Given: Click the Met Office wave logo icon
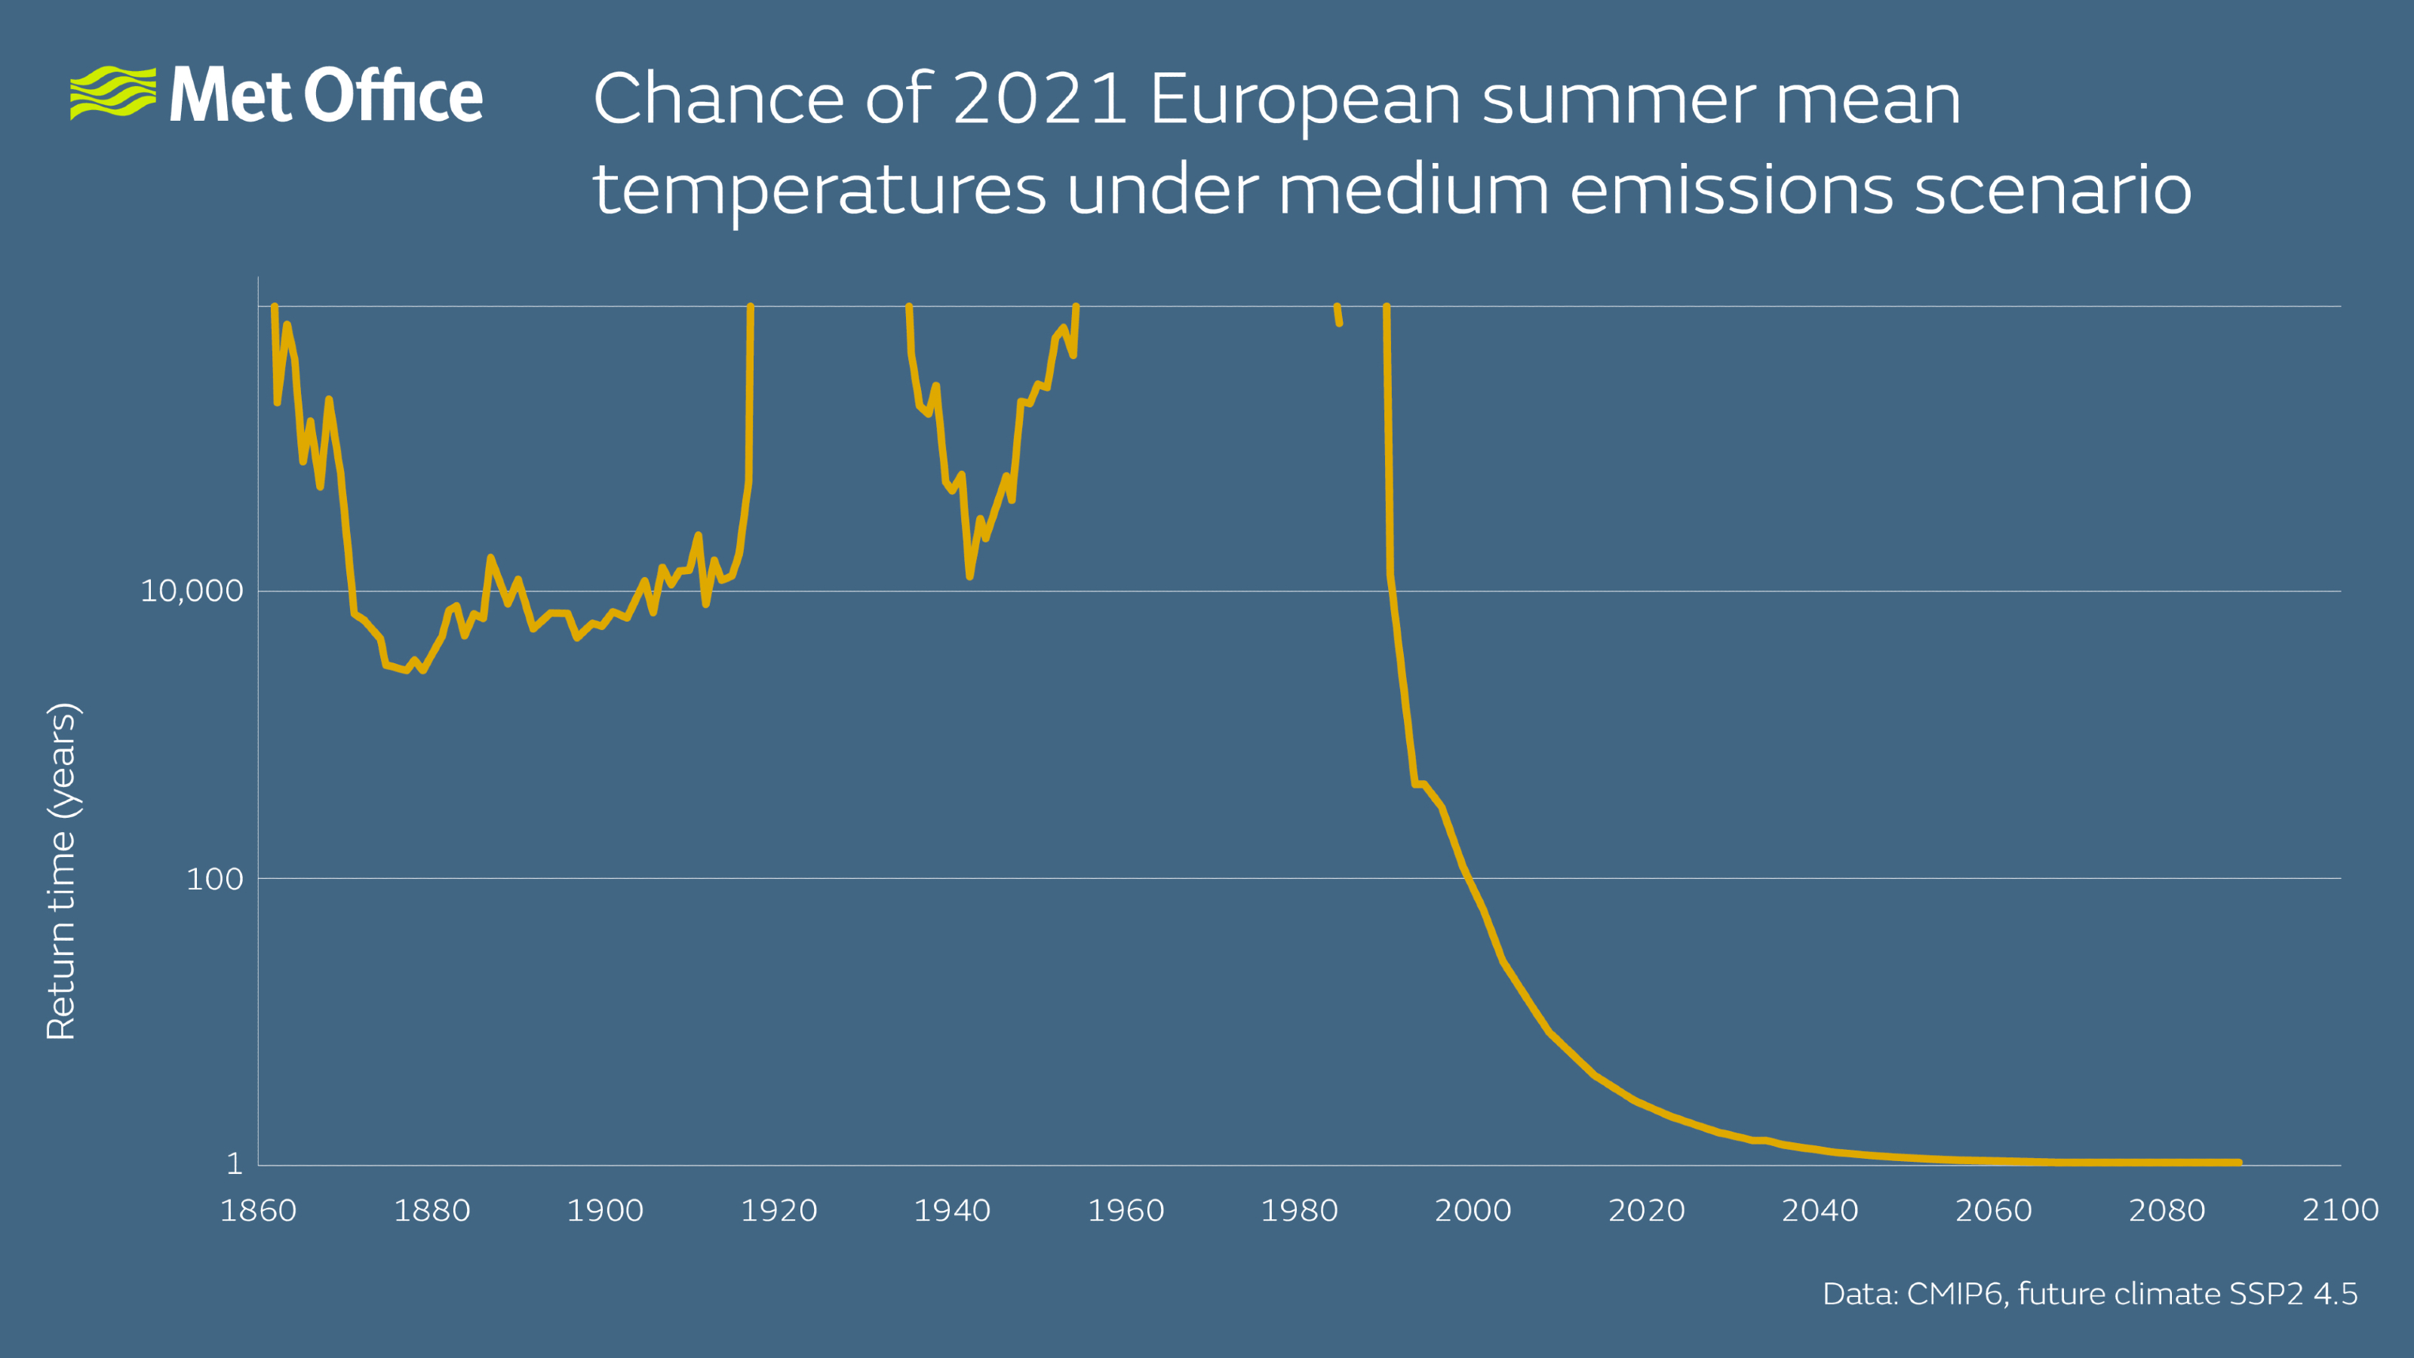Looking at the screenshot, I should pos(113,92).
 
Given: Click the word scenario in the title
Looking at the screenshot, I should pos(2052,189).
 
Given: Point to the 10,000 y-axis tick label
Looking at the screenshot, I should pos(191,591).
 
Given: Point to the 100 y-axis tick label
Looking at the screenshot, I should pos(214,879).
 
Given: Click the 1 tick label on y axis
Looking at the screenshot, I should pos(235,1164).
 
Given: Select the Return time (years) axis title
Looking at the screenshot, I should pos(61,871).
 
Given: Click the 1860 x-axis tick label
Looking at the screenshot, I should pos(258,1210).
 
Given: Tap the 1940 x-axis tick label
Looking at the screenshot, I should pos(952,1210).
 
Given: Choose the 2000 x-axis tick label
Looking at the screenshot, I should pos(1473,1210).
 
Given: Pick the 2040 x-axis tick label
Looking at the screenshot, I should pos(1820,1210).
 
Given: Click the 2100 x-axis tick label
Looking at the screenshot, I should pos(2340,1210).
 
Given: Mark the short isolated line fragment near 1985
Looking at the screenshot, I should pos(1338,315).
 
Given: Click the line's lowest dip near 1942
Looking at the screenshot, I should pos(970,576).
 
